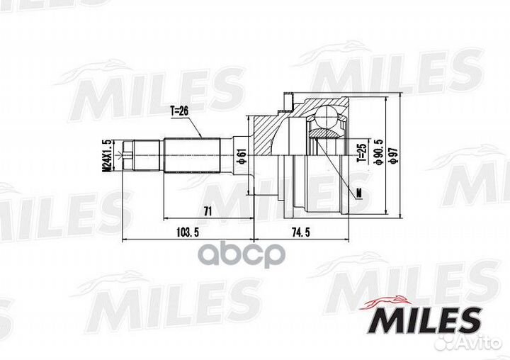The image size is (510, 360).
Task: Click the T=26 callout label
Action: click(179, 111)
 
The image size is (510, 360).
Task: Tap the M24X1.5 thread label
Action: click(106, 156)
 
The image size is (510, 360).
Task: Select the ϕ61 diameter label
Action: click(241, 155)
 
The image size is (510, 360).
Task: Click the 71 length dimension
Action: click(208, 212)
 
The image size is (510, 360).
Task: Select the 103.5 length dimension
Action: click(187, 232)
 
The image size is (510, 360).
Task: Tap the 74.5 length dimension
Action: click(301, 232)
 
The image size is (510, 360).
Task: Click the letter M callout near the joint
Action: click(358, 193)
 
